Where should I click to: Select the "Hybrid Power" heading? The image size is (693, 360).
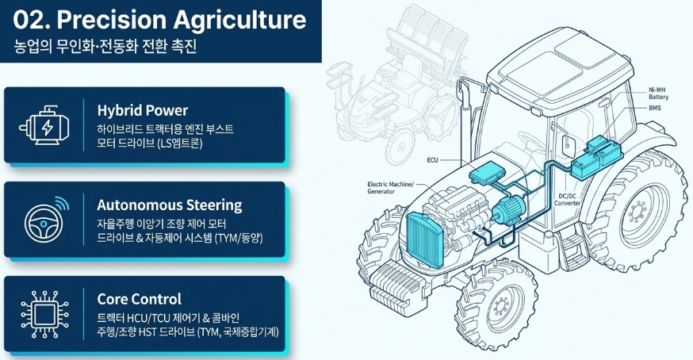coord(142,110)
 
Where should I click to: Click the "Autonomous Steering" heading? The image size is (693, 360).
coord(169,205)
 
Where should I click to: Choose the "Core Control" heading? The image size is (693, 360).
coord(139,299)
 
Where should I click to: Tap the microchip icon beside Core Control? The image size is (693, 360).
coord(44,315)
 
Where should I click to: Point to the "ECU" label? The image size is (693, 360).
coord(432,159)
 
